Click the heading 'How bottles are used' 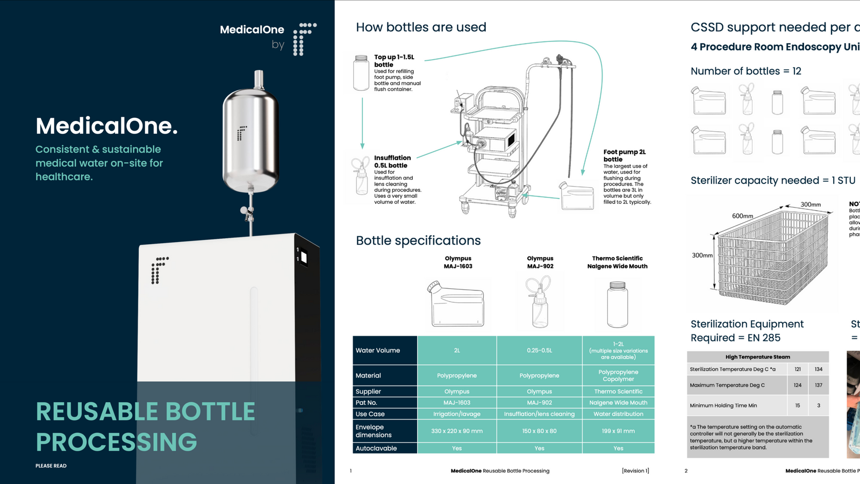421,27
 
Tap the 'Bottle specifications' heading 418,240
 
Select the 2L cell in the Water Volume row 457,351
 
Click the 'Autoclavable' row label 376,449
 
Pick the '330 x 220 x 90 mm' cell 457,431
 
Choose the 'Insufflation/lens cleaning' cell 539,414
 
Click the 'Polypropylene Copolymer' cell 618,375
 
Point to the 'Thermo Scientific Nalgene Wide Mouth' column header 617,262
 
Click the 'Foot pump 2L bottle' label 624,155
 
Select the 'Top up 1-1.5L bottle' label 394,61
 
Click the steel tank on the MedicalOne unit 250,140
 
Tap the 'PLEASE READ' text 51,466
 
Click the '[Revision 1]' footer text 635,471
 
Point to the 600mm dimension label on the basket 742,216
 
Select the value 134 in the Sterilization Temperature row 818,369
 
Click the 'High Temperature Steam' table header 757,357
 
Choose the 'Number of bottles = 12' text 746,71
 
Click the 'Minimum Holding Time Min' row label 723,405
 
